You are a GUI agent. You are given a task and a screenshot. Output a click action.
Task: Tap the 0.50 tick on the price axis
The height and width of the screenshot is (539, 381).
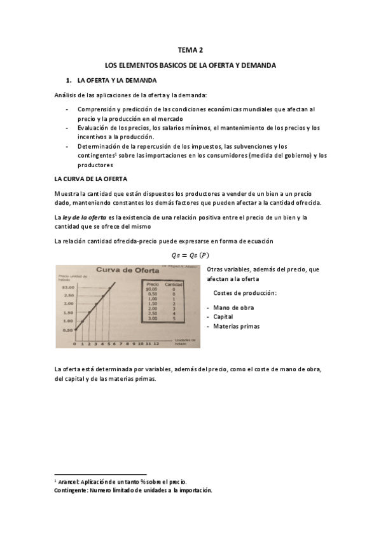pyautogui.click(x=68, y=331)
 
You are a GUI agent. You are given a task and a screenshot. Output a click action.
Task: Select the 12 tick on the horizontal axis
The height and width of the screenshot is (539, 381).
pyautogui.click(x=156, y=343)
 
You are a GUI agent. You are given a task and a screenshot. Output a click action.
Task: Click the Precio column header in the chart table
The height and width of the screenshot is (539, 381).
pyautogui.click(x=152, y=284)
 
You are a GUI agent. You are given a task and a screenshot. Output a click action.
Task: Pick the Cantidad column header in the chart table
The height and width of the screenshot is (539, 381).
pyautogui.click(x=173, y=284)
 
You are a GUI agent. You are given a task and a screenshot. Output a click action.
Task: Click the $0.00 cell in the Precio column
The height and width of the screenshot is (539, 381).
pyautogui.click(x=151, y=289)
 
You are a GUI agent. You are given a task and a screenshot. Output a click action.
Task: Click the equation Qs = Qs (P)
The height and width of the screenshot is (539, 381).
pyautogui.click(x=190, y=256)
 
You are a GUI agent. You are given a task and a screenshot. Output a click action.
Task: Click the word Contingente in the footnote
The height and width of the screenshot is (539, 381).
pyautogui.click(x=71, y=491)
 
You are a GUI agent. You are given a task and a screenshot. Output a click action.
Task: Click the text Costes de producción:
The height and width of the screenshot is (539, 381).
pyautogui.click(x=246, y=292)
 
